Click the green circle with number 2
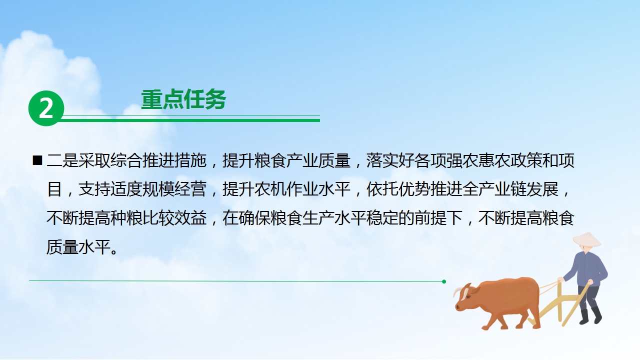46,108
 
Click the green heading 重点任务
183,99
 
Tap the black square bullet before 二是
37,160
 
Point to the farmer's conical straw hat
586,239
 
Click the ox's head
465,297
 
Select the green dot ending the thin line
444,281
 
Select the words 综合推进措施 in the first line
158,160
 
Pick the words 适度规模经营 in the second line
158,189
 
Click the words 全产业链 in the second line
494,189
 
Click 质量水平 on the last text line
78,247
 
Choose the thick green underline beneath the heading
189,120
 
